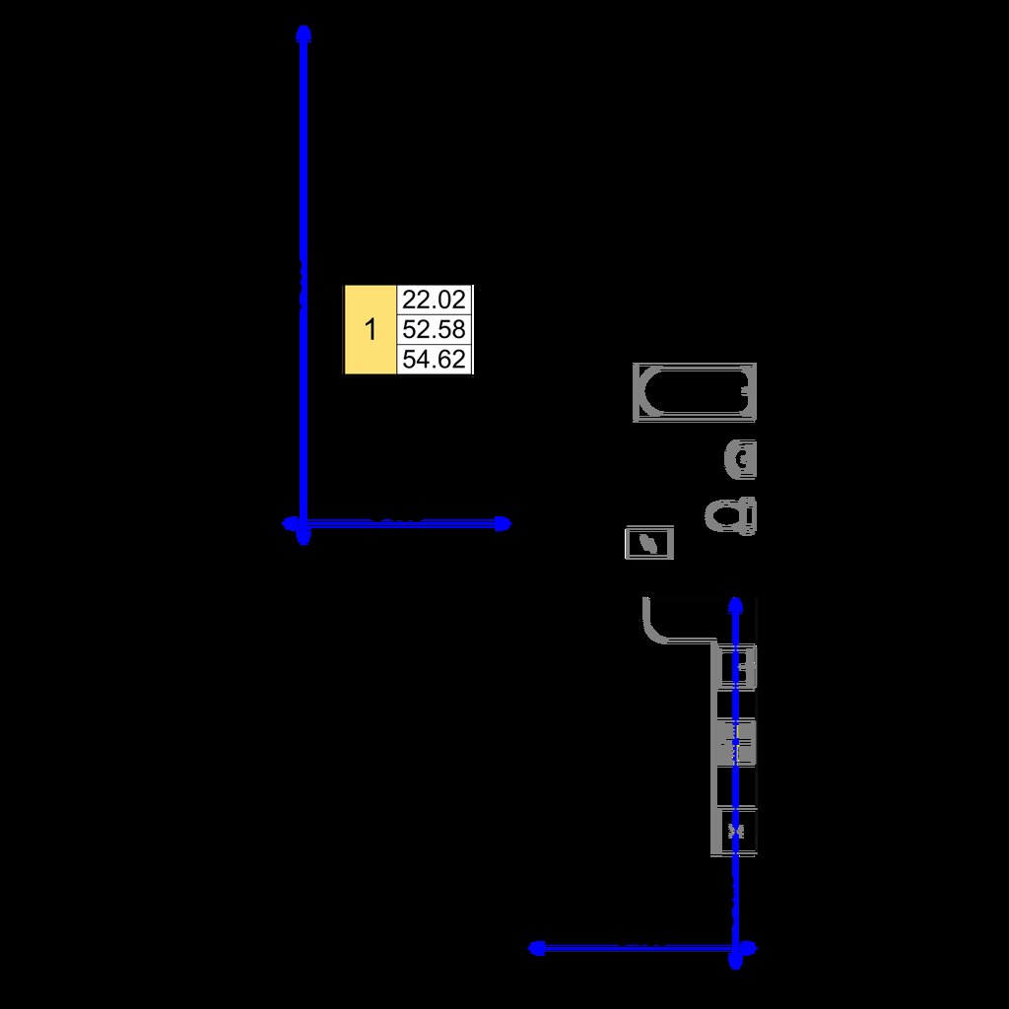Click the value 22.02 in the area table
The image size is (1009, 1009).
tap(434, 300)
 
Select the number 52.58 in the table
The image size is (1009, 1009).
tap(434, 329)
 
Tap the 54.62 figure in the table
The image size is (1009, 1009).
tap(434, 359)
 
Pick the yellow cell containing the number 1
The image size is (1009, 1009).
tap(370, 329)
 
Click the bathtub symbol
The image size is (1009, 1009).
tap(695, 392)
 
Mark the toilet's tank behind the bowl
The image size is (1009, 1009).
tap(748, 516)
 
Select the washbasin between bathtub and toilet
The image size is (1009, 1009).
tap(741, 459)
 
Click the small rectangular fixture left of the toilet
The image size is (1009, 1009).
tap(649, 543)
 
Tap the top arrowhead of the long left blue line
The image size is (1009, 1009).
tap(303, 34)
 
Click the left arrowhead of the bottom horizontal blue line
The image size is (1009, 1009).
tap(536, 948)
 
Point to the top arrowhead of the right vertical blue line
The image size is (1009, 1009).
tap(735, 606)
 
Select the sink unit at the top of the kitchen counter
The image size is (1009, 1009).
tap(738, 667)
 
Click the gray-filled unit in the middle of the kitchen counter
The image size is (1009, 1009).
tap(738, 743)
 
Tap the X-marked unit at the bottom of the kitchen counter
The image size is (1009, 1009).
tap(738, 831)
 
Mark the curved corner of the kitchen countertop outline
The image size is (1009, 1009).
tap(652, 632)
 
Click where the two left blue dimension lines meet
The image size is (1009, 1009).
tap(303, 524)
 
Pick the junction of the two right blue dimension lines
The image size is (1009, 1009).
tap(735, 948)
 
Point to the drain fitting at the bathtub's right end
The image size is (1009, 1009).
tap(745, 390)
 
